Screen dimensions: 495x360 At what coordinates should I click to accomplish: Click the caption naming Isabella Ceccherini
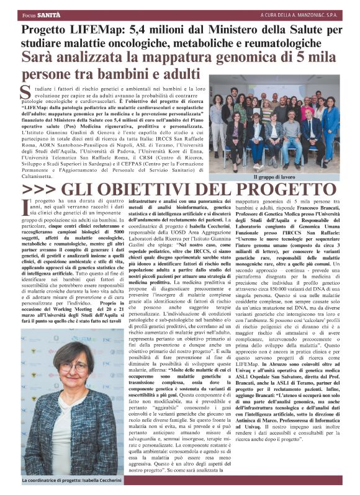[78, 481]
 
